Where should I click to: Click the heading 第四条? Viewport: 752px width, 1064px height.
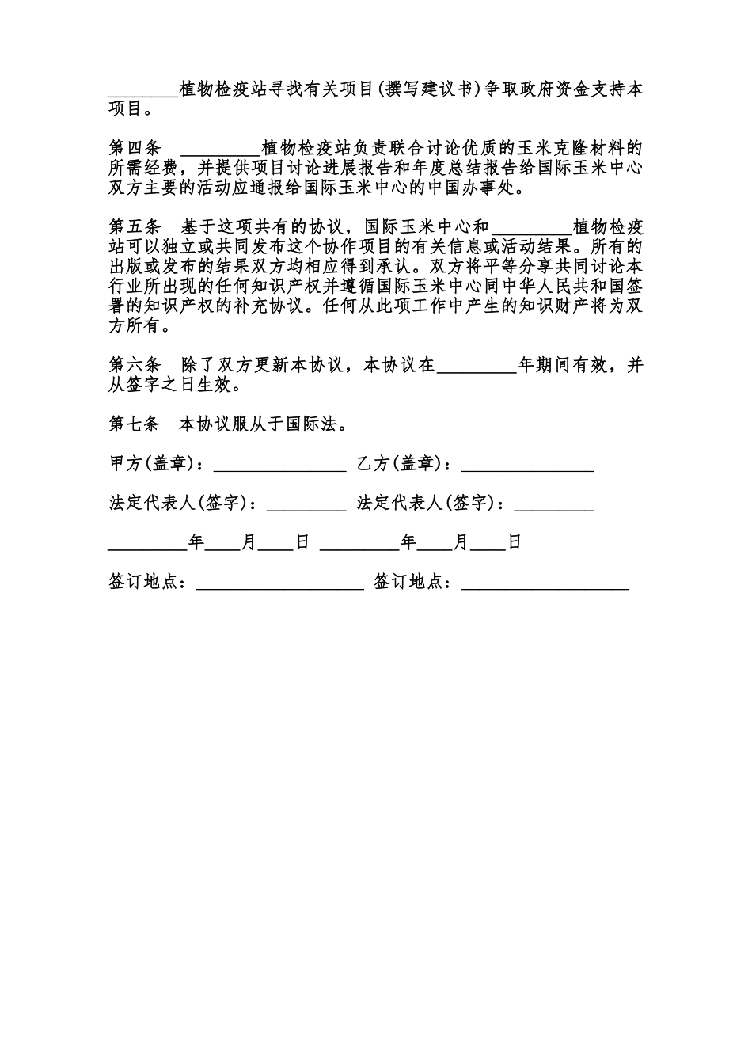tap(135, 148)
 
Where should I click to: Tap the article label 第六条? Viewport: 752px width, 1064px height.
tap(135, 365)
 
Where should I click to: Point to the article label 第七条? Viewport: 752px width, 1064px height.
tap(135, 424)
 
